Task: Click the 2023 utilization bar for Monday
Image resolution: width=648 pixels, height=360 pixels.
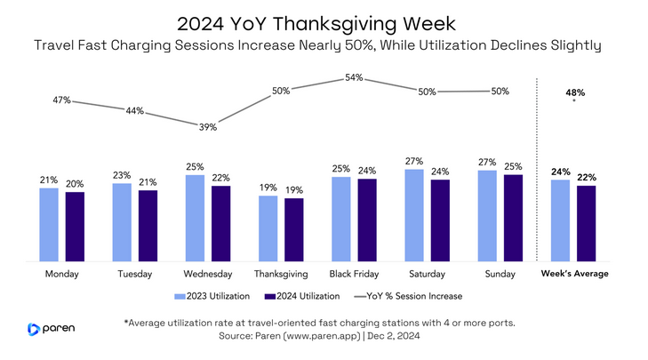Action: click(x=49, y=224)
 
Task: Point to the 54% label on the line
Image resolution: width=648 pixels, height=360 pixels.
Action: click(x=354, y=78)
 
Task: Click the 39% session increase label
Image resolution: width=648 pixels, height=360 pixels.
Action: click(x=207, y=127)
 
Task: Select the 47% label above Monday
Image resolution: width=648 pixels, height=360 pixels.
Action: click(x=60, y=100)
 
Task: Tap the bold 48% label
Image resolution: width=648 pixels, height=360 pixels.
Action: click(x=574, y=92)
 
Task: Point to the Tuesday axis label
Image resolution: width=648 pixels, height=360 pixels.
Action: click(x=134, y=274)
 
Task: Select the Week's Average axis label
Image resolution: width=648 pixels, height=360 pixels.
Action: click(x=575, y=274)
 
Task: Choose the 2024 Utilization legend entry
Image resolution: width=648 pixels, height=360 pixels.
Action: click(x=308, y=296)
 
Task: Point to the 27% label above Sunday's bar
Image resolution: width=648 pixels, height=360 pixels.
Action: click(x=487, y=163)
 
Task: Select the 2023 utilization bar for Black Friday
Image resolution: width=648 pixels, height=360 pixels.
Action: click(x=341, y=219)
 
